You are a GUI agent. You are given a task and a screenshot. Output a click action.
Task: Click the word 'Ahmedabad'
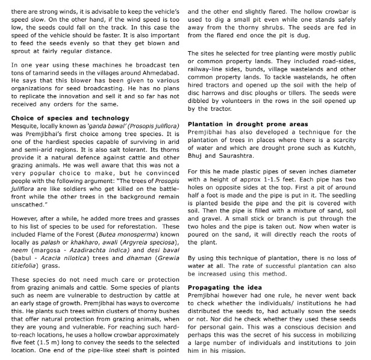point(158,81)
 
